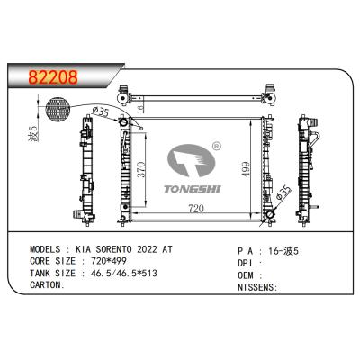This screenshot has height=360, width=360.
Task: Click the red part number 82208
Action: [x=53, y=77]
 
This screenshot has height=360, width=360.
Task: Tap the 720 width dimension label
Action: [x=196, y=209]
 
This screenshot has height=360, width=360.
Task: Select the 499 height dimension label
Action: [x=246, y=170]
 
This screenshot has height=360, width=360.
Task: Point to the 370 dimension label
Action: [x=140, y=170]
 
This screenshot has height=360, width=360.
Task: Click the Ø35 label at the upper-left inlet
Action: [x=100, y=112]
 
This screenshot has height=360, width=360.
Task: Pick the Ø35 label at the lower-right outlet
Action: [x=283, y=193]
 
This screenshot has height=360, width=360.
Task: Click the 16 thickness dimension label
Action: [x=140, y=108]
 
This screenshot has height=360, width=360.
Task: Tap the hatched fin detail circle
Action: [x=58, y=110]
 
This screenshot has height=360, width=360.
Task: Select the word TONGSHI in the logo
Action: [x=193, y=189]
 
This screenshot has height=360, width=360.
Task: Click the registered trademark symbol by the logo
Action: [x=216, y=147]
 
